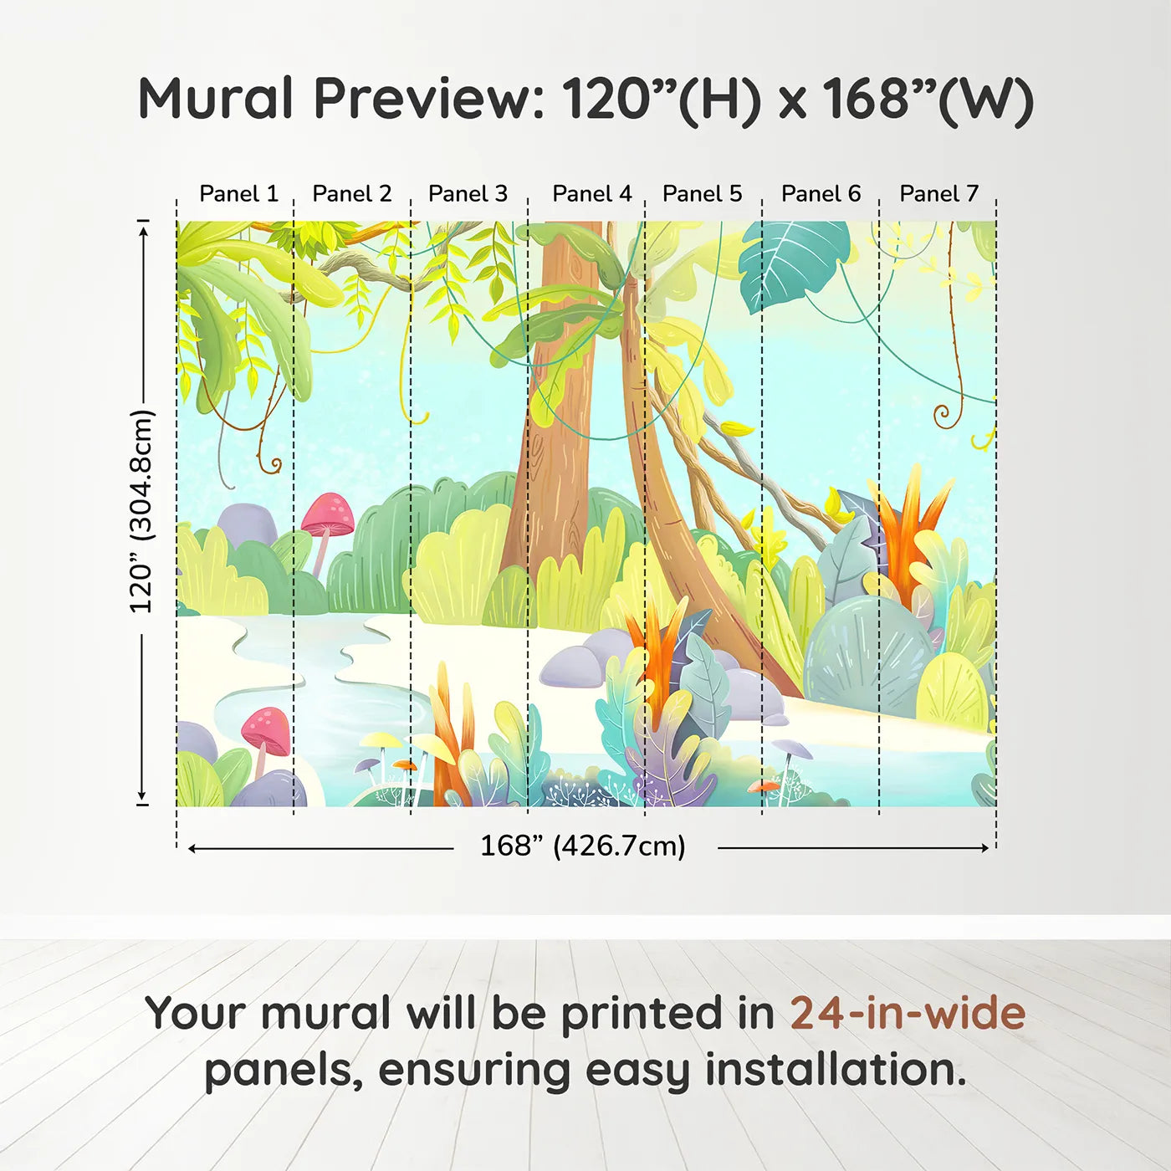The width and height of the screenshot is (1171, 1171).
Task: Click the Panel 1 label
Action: (238, 193)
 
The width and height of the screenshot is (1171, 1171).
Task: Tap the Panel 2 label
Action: (351, 193)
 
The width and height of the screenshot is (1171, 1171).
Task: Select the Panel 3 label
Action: (468, 193)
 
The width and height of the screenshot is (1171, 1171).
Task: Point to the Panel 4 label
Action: (591, 193)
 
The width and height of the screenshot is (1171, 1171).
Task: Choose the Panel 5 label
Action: (702, 193)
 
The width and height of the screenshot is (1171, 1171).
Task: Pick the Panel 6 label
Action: (821, 193)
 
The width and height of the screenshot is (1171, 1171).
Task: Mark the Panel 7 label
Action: (938, 193)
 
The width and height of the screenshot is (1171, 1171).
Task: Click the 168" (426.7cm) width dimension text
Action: (582, 846)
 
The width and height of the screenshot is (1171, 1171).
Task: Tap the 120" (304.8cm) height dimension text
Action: (141, 512)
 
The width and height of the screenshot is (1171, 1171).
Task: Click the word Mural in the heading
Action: (215, 99)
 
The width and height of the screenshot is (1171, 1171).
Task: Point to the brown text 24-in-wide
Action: (908, 1013)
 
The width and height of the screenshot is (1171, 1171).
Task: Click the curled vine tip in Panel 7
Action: (943, 413)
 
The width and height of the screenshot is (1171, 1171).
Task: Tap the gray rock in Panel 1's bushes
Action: (247, 525)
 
